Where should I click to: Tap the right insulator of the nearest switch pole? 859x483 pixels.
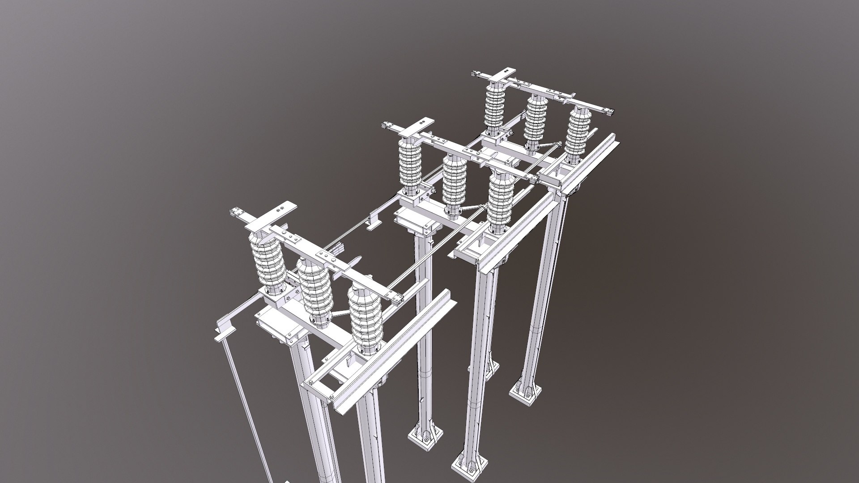click(x=366, y=315)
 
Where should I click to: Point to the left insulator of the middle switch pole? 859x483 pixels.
click(x=410, y=165)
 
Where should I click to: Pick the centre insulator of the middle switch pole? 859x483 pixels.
click(x=454, y=183)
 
